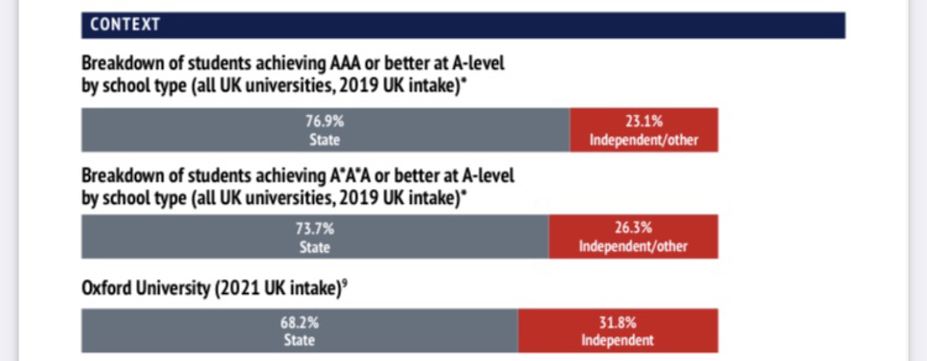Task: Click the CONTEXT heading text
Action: click(125, 25)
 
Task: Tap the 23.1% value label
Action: click(643, 122)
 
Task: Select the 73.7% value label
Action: click(315, 229)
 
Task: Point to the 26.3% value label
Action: click(633, 229)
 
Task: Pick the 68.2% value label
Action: click(299, 322)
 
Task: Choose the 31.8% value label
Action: click(617, 322)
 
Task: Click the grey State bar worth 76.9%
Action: click(180, 130)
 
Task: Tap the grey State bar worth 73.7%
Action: click(180, 237)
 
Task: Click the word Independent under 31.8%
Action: click(617, 340)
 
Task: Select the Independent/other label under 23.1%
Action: click(643, 140)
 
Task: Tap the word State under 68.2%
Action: click(299, 340)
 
